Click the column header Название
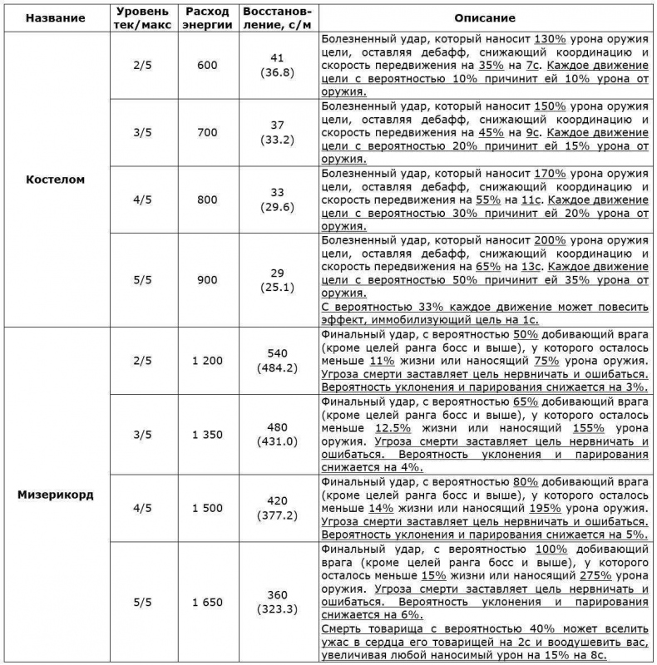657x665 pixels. [55, 17]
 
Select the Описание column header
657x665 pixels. [485, 17]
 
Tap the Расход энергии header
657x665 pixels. [208, 17]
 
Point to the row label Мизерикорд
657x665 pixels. [55, 494]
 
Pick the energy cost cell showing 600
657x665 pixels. [208, 67]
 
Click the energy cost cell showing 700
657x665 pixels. [208, 133]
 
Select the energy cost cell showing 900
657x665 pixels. [208, 279]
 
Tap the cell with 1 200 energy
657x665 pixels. [208, 361]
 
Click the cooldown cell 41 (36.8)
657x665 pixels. [278, 67]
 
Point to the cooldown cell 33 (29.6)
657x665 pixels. [278, 199]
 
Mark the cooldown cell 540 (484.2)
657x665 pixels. [278, 361]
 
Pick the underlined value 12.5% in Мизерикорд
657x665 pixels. [382, 427]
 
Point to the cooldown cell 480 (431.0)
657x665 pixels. [278, 435]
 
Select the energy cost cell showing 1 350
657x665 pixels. [208, 435]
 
